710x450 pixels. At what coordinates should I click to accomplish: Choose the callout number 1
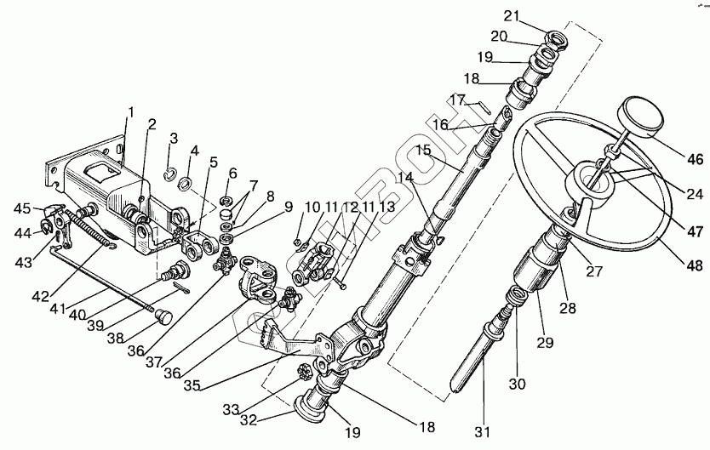tap(131, 111)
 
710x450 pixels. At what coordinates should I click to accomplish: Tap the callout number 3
tap(173, 138)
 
